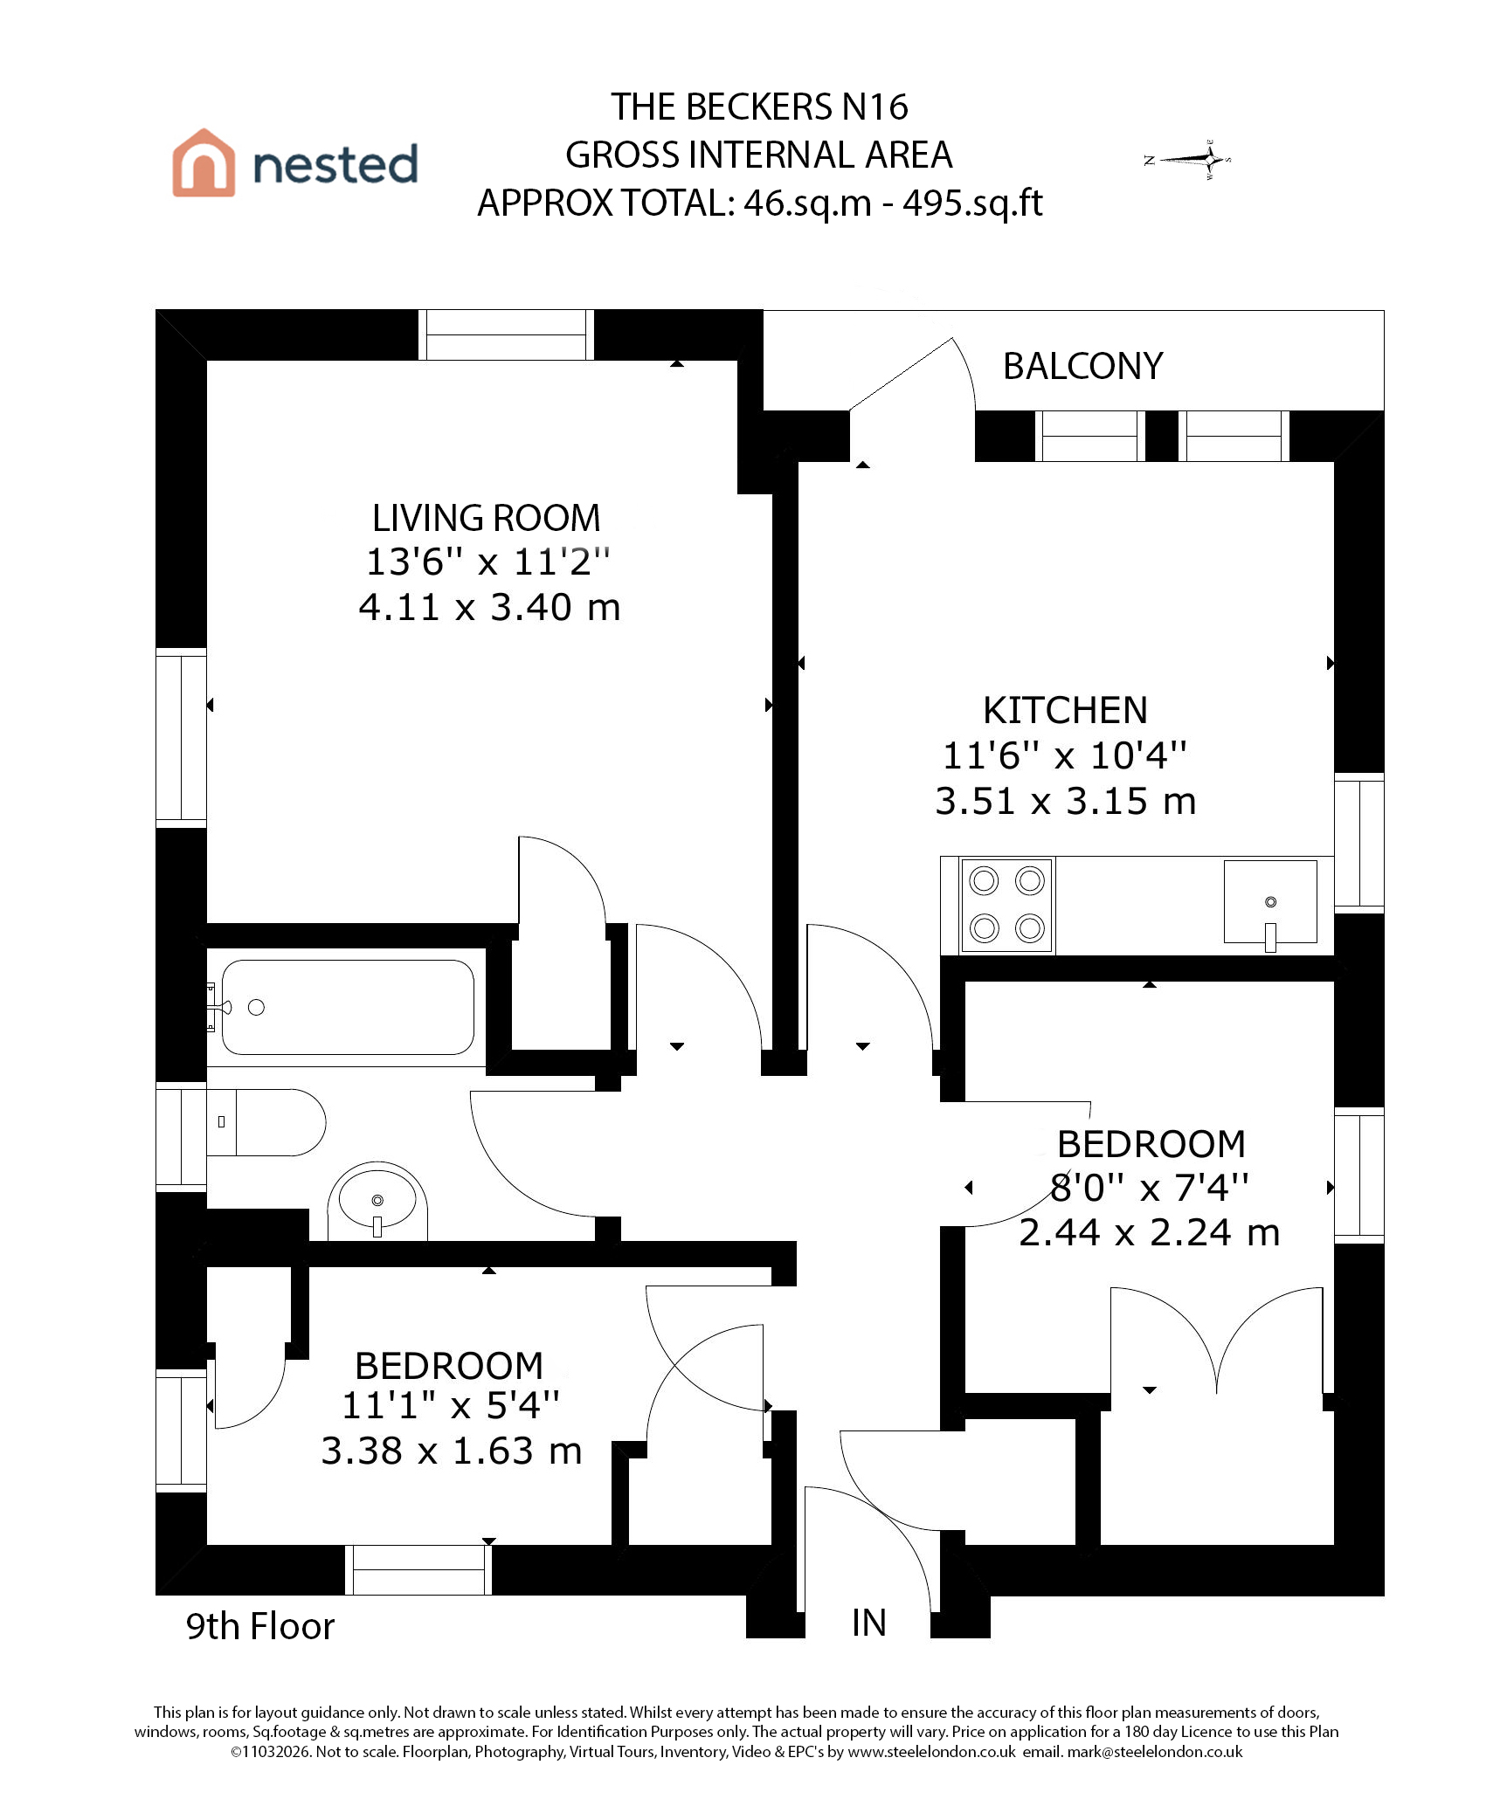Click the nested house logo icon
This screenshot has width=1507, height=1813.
tap(204, 162)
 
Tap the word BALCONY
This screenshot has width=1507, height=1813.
tap(1082, 366)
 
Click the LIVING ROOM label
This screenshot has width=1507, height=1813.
tap(486, 518)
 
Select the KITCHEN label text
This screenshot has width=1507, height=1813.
tap(1065, 710)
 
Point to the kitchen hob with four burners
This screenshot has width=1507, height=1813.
tap(1007, 905)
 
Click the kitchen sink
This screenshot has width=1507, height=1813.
tap(1270, 903)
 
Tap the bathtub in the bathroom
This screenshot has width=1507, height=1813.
tap(347, 1007)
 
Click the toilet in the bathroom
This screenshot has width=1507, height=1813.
tap(266, 1122)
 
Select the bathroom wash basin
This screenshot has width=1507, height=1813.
tap(377, 1200)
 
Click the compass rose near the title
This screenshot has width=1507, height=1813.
tap(1188, 159)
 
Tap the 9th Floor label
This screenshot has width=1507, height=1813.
tap(260, 1626)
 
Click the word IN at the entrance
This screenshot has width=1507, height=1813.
tap(869, 1623)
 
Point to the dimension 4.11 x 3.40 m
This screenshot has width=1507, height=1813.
tap(489, 607)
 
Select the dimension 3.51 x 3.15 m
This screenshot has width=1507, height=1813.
tap(1065, 801)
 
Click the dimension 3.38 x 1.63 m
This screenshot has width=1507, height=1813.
tap(451, 1451)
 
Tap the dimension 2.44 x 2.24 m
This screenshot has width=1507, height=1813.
tap(1149, 1232)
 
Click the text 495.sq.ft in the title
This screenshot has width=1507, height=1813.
tap(972, 203)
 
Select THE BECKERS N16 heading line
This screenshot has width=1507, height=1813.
tap(759, 107)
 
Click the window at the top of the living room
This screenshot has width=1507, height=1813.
tap(506, 334)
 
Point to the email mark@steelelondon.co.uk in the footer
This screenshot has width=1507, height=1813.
tap(1154, 1752)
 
